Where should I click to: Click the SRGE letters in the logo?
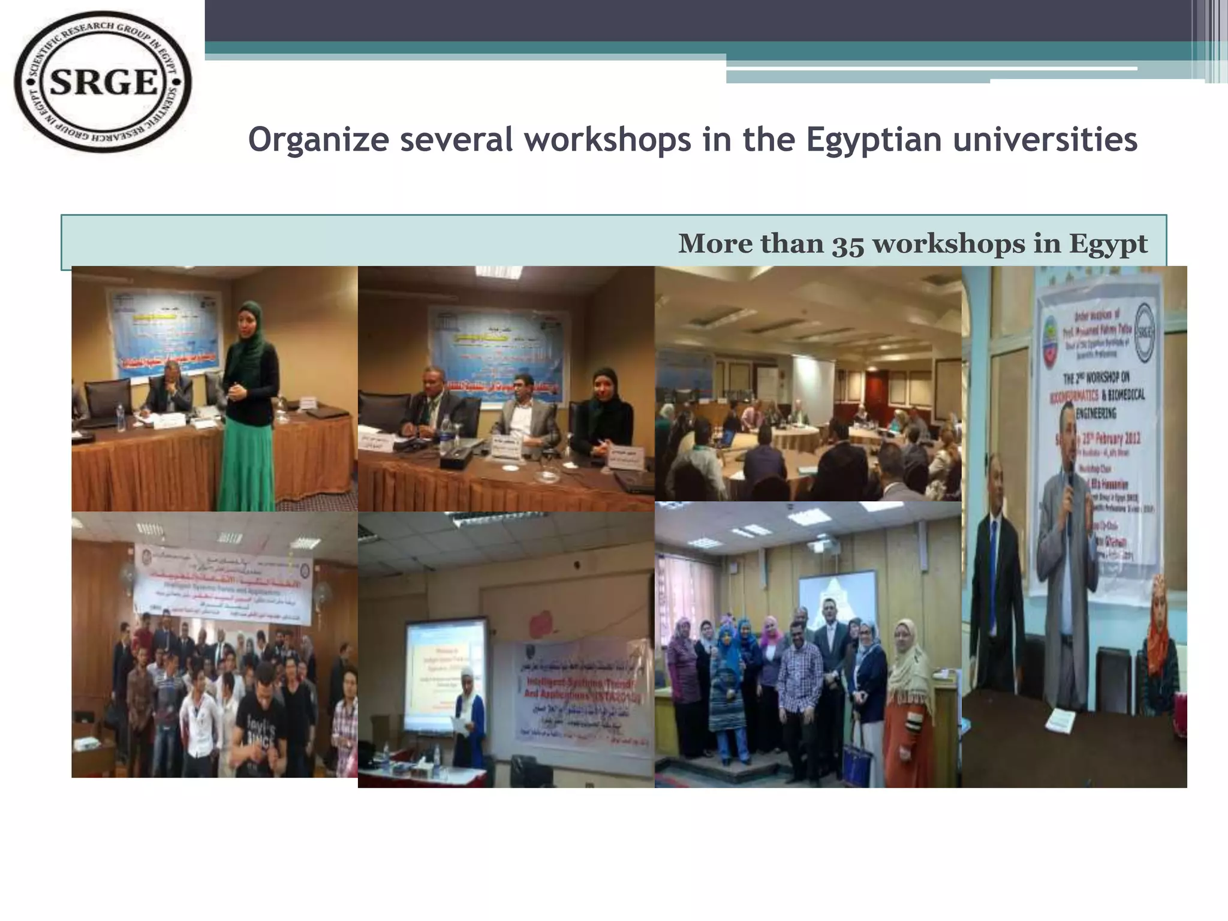click(x=103, y=82)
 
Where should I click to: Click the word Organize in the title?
click(x=318, y=140)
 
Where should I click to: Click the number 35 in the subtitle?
click(x=847, y=244)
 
